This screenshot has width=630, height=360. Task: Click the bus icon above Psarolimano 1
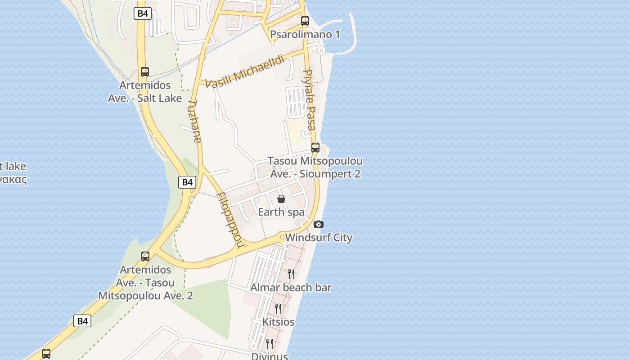305,21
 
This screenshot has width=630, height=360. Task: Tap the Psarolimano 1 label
305,35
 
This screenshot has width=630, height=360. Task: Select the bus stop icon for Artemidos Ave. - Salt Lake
145,72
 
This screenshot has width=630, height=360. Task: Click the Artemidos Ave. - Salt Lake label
145,92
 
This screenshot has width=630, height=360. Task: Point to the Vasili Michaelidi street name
245,71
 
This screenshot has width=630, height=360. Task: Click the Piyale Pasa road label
310,100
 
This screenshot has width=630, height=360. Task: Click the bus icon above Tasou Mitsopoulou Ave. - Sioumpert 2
315,147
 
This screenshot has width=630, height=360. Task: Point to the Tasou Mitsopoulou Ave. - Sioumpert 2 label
315,167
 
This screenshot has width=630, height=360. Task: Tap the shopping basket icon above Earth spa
281,199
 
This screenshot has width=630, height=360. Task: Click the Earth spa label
281,212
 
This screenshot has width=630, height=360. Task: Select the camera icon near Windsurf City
319,224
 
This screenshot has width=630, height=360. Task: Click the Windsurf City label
319,238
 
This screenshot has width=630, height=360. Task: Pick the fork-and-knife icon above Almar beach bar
291,274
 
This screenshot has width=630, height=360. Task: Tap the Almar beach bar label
291,288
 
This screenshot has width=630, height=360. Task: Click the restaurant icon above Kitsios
278,308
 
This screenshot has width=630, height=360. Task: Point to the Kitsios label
278,322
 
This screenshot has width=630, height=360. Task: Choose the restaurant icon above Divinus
269,344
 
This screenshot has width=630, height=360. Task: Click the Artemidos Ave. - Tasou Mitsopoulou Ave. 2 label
145,283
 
